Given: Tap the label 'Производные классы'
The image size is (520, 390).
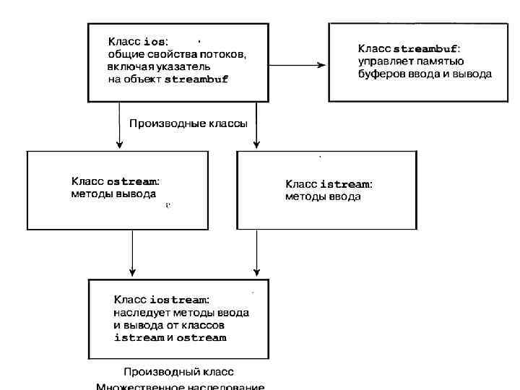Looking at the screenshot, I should pyautogui.click(x=188, y=123).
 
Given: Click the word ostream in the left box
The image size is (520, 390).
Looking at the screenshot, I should pyautogui.click(x=131, y=182).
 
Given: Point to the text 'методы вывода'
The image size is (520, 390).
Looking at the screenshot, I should pyautogui.click(x=113, y=195).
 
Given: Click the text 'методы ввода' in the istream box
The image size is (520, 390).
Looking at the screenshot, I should pyautogui.click(x=323, y=196).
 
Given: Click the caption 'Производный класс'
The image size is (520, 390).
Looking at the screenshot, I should pyautogui.click(x=178, y=372).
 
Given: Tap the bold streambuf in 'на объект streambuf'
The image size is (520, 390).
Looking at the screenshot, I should pyautogui.click(x=196, y=79).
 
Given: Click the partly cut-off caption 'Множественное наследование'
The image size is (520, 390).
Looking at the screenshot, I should pyautogui.click(x=181, y=386).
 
